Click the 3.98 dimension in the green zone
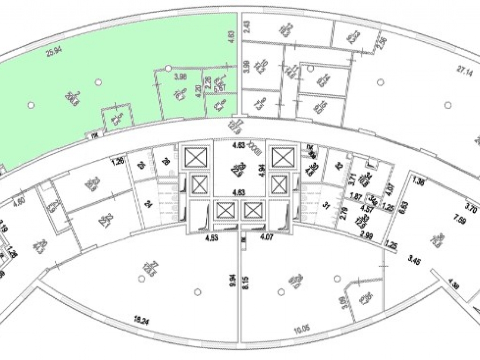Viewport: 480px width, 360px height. (180, 76)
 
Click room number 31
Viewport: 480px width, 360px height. (327, 204)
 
